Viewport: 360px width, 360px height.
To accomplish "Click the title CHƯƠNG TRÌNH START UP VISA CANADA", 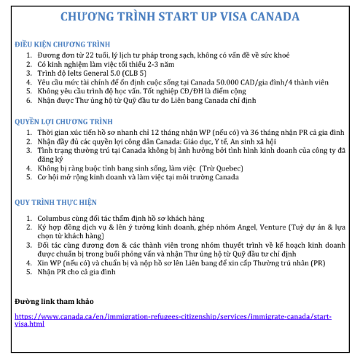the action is pyautogui.click(x=180, y=16).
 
